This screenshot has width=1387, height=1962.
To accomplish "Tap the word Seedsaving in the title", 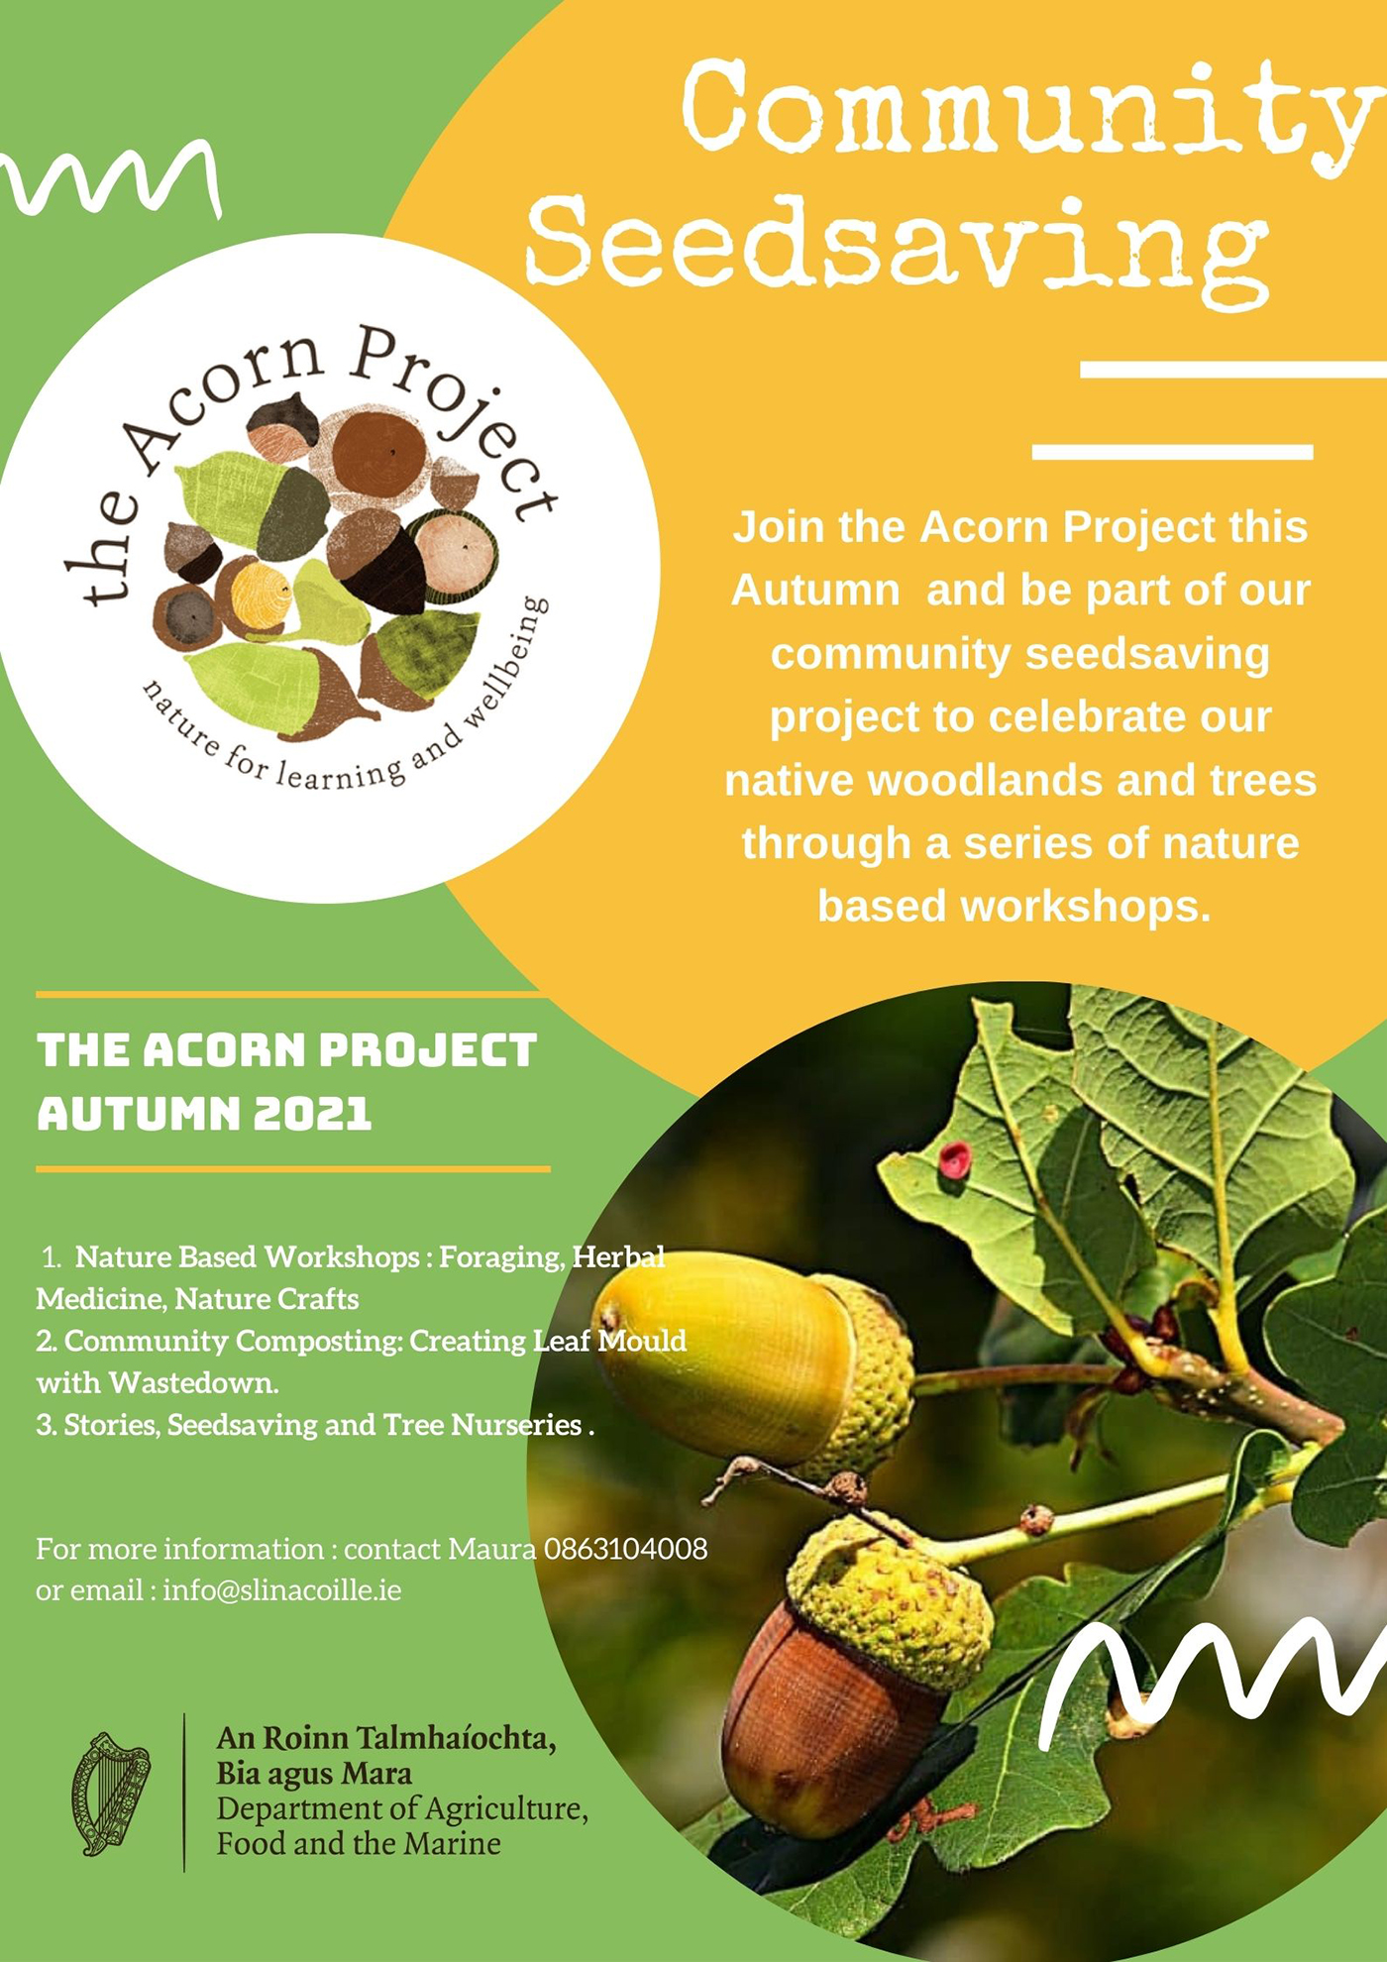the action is [x=898, y=243].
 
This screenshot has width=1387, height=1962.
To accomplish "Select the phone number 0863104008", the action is [x=626, y=1549].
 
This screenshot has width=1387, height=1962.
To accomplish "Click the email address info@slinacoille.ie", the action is [x=282, y=1590].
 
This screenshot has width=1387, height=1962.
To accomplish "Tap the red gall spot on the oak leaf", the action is [x=954, y=1159].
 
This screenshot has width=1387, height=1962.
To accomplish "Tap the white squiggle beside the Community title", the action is [x=109, y=178].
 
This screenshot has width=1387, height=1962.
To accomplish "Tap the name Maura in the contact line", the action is [x=491, y=1549].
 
